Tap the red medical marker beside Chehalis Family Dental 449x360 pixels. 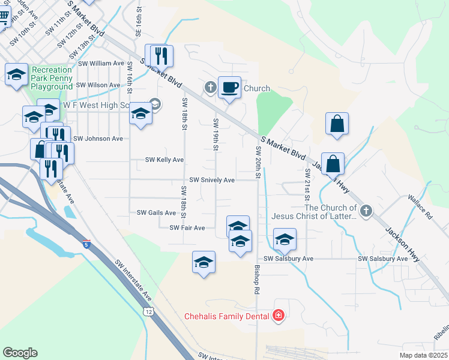pyautogui.click(x=278, y=316)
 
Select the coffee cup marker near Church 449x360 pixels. pyautogui.click(x=229, y=88)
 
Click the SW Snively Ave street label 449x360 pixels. pyautogui.click(x=212, y=179)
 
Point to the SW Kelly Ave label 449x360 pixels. pyautogui.click(x=164, y=160)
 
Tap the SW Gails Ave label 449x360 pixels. pyautogui.click(x=156, y=212)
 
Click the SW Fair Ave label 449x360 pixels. pyautogui.click(x=187, y=228)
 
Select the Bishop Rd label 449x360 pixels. pyautogui.click(x=256, y=280)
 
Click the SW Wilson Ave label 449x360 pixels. pyautogui.click(x=98, y=85)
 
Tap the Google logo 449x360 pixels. pyautogui.click(x=20, y=353)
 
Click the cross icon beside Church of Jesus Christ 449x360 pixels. pyautogui.click(x=366, y=211)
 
